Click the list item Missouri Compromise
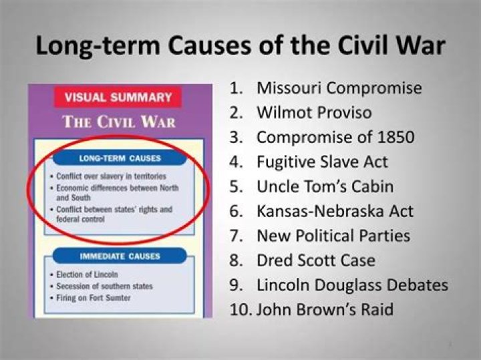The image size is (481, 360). pos(339,88)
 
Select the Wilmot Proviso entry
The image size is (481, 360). pos(314,113)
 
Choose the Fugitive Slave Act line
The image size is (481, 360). pos(322,162)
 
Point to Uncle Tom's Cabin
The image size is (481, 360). pos(325,187)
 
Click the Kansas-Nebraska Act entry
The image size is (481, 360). pos(335,212)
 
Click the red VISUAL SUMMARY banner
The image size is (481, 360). pos(118,98)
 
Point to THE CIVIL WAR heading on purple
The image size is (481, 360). pos(119,123)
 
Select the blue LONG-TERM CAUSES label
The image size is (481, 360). pos(120,158)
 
